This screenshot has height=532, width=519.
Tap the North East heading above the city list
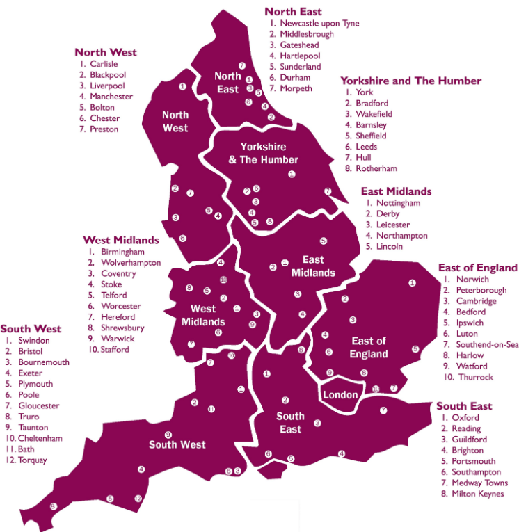[292, 11]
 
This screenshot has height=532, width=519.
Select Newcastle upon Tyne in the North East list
[319, 23]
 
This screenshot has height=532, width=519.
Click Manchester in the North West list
[111, 97]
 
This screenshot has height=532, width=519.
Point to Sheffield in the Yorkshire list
[371, 136]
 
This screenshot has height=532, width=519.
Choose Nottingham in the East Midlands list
[398, 203]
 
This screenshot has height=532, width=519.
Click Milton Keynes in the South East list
[478, 494]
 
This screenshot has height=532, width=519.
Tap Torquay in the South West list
[33, 460]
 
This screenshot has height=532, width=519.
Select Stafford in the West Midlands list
[115, 349]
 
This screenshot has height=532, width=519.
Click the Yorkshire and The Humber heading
[410, 81]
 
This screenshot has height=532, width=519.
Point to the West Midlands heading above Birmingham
[121, 240]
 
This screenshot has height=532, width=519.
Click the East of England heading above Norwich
[477, 268]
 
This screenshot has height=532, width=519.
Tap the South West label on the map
[177, 444]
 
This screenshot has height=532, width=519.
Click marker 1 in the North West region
[182, 87]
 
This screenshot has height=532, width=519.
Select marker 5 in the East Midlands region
[324, 241]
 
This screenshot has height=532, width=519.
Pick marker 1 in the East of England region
[412, 282]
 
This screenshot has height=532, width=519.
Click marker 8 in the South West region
[53, 506]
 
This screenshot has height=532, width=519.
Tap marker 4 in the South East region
[342, 453]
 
